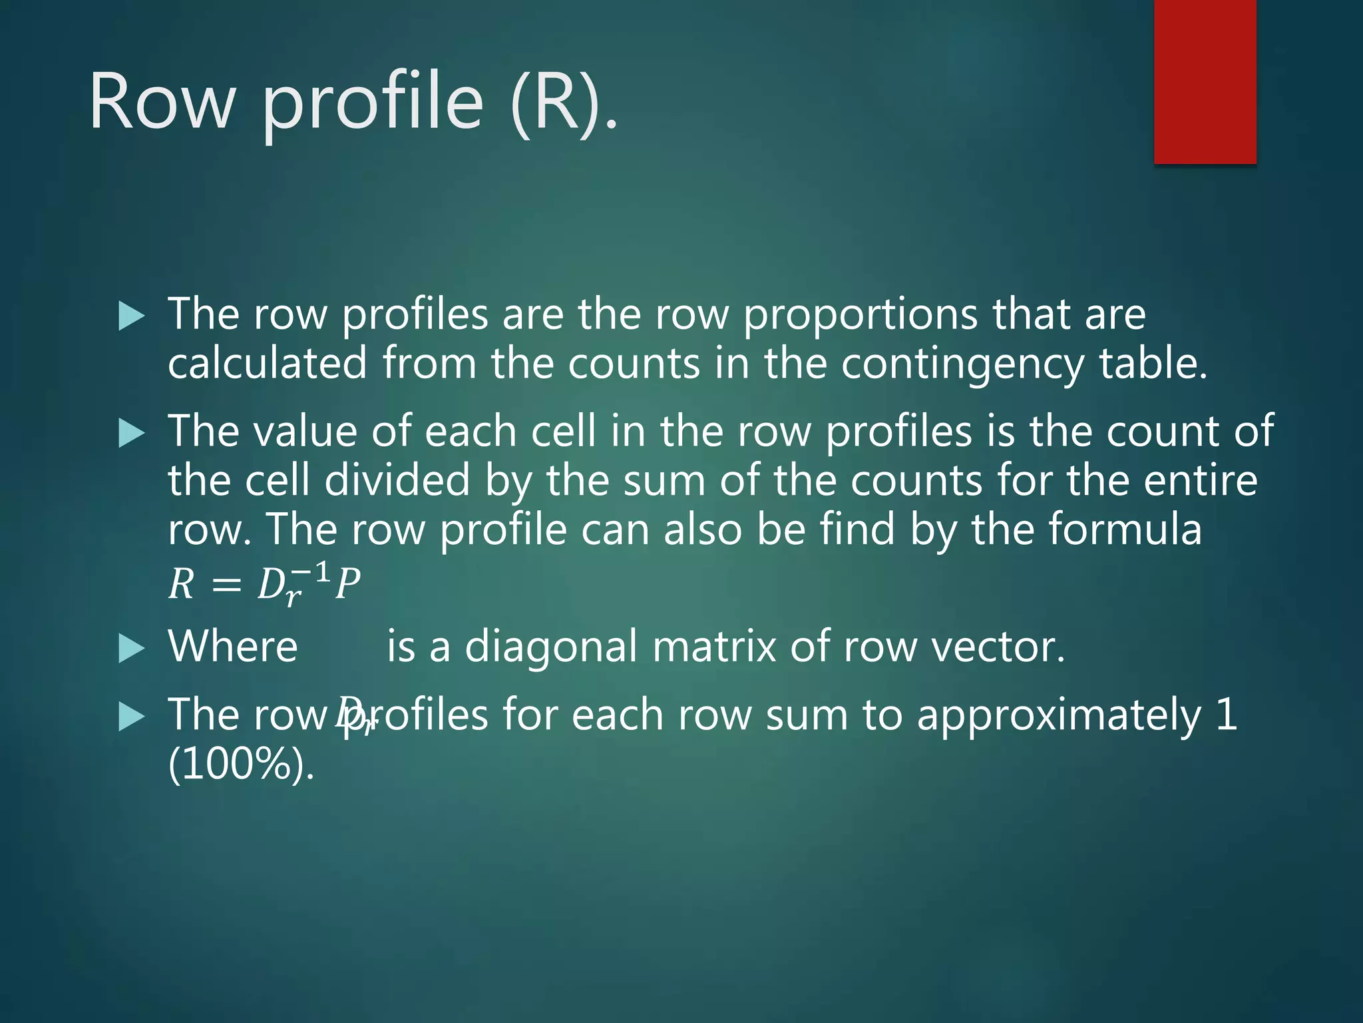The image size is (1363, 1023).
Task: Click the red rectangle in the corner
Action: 1205,81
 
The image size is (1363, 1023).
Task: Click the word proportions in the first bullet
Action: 861,314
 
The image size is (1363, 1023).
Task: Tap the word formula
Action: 1125,530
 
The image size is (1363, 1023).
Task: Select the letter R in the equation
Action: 181,585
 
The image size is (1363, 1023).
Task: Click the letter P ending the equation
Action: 347,585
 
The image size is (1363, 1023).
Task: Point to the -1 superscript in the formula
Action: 311,571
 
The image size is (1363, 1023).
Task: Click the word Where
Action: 233,647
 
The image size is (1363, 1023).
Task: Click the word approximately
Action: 1059,715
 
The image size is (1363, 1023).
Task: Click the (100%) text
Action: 240,765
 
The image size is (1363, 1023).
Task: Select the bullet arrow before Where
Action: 131,649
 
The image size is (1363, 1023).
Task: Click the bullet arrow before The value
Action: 131,434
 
